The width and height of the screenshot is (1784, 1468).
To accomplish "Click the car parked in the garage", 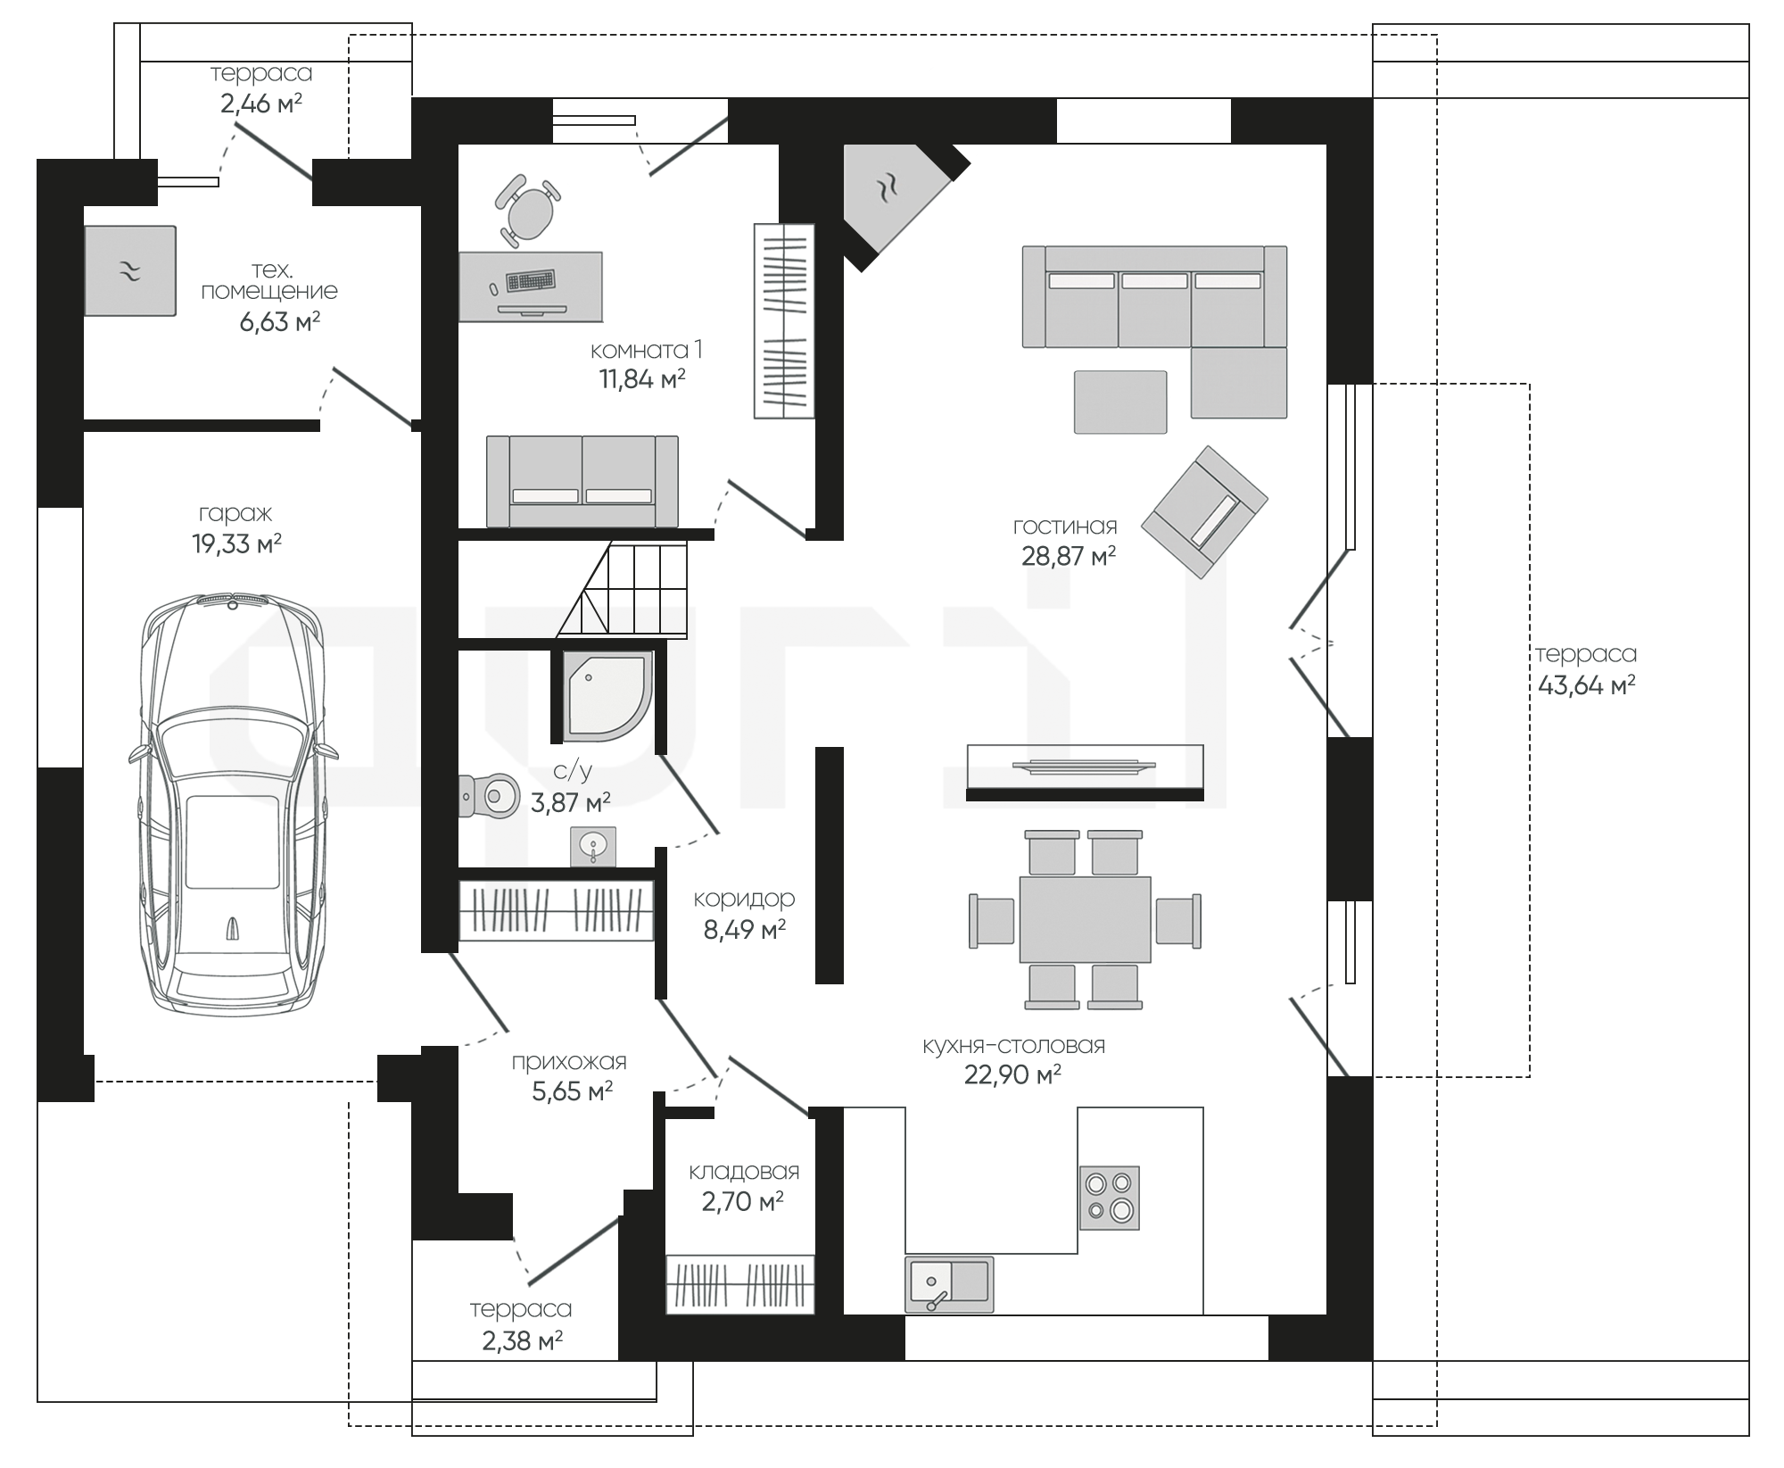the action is pos(233,803).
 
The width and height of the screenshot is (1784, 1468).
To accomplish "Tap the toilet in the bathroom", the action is pos(489,796).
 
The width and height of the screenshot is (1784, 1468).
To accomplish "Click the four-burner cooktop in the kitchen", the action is pos(1110,1198).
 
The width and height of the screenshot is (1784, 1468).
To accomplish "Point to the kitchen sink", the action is pos(949,1284).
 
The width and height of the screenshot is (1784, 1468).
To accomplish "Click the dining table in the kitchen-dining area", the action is pos(1085,919).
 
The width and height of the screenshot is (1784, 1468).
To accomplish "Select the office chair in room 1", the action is pos(528,211).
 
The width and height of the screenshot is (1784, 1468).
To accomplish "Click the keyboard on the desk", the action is pos(531,280).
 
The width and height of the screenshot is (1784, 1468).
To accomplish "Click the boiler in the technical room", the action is pos(130,270).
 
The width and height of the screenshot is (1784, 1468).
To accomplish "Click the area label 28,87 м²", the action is pos(1069,557).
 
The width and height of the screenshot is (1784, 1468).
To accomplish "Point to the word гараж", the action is pos(235,514).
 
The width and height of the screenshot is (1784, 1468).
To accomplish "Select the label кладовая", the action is pos(744,1171).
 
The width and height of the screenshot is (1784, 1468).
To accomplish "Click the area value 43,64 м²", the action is pos(1586,684).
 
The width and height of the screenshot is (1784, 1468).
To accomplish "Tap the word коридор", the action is pos(744,899).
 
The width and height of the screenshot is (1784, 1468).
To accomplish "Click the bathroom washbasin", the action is pos(593,846).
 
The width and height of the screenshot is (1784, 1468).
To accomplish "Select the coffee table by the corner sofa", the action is pos(1120,402).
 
